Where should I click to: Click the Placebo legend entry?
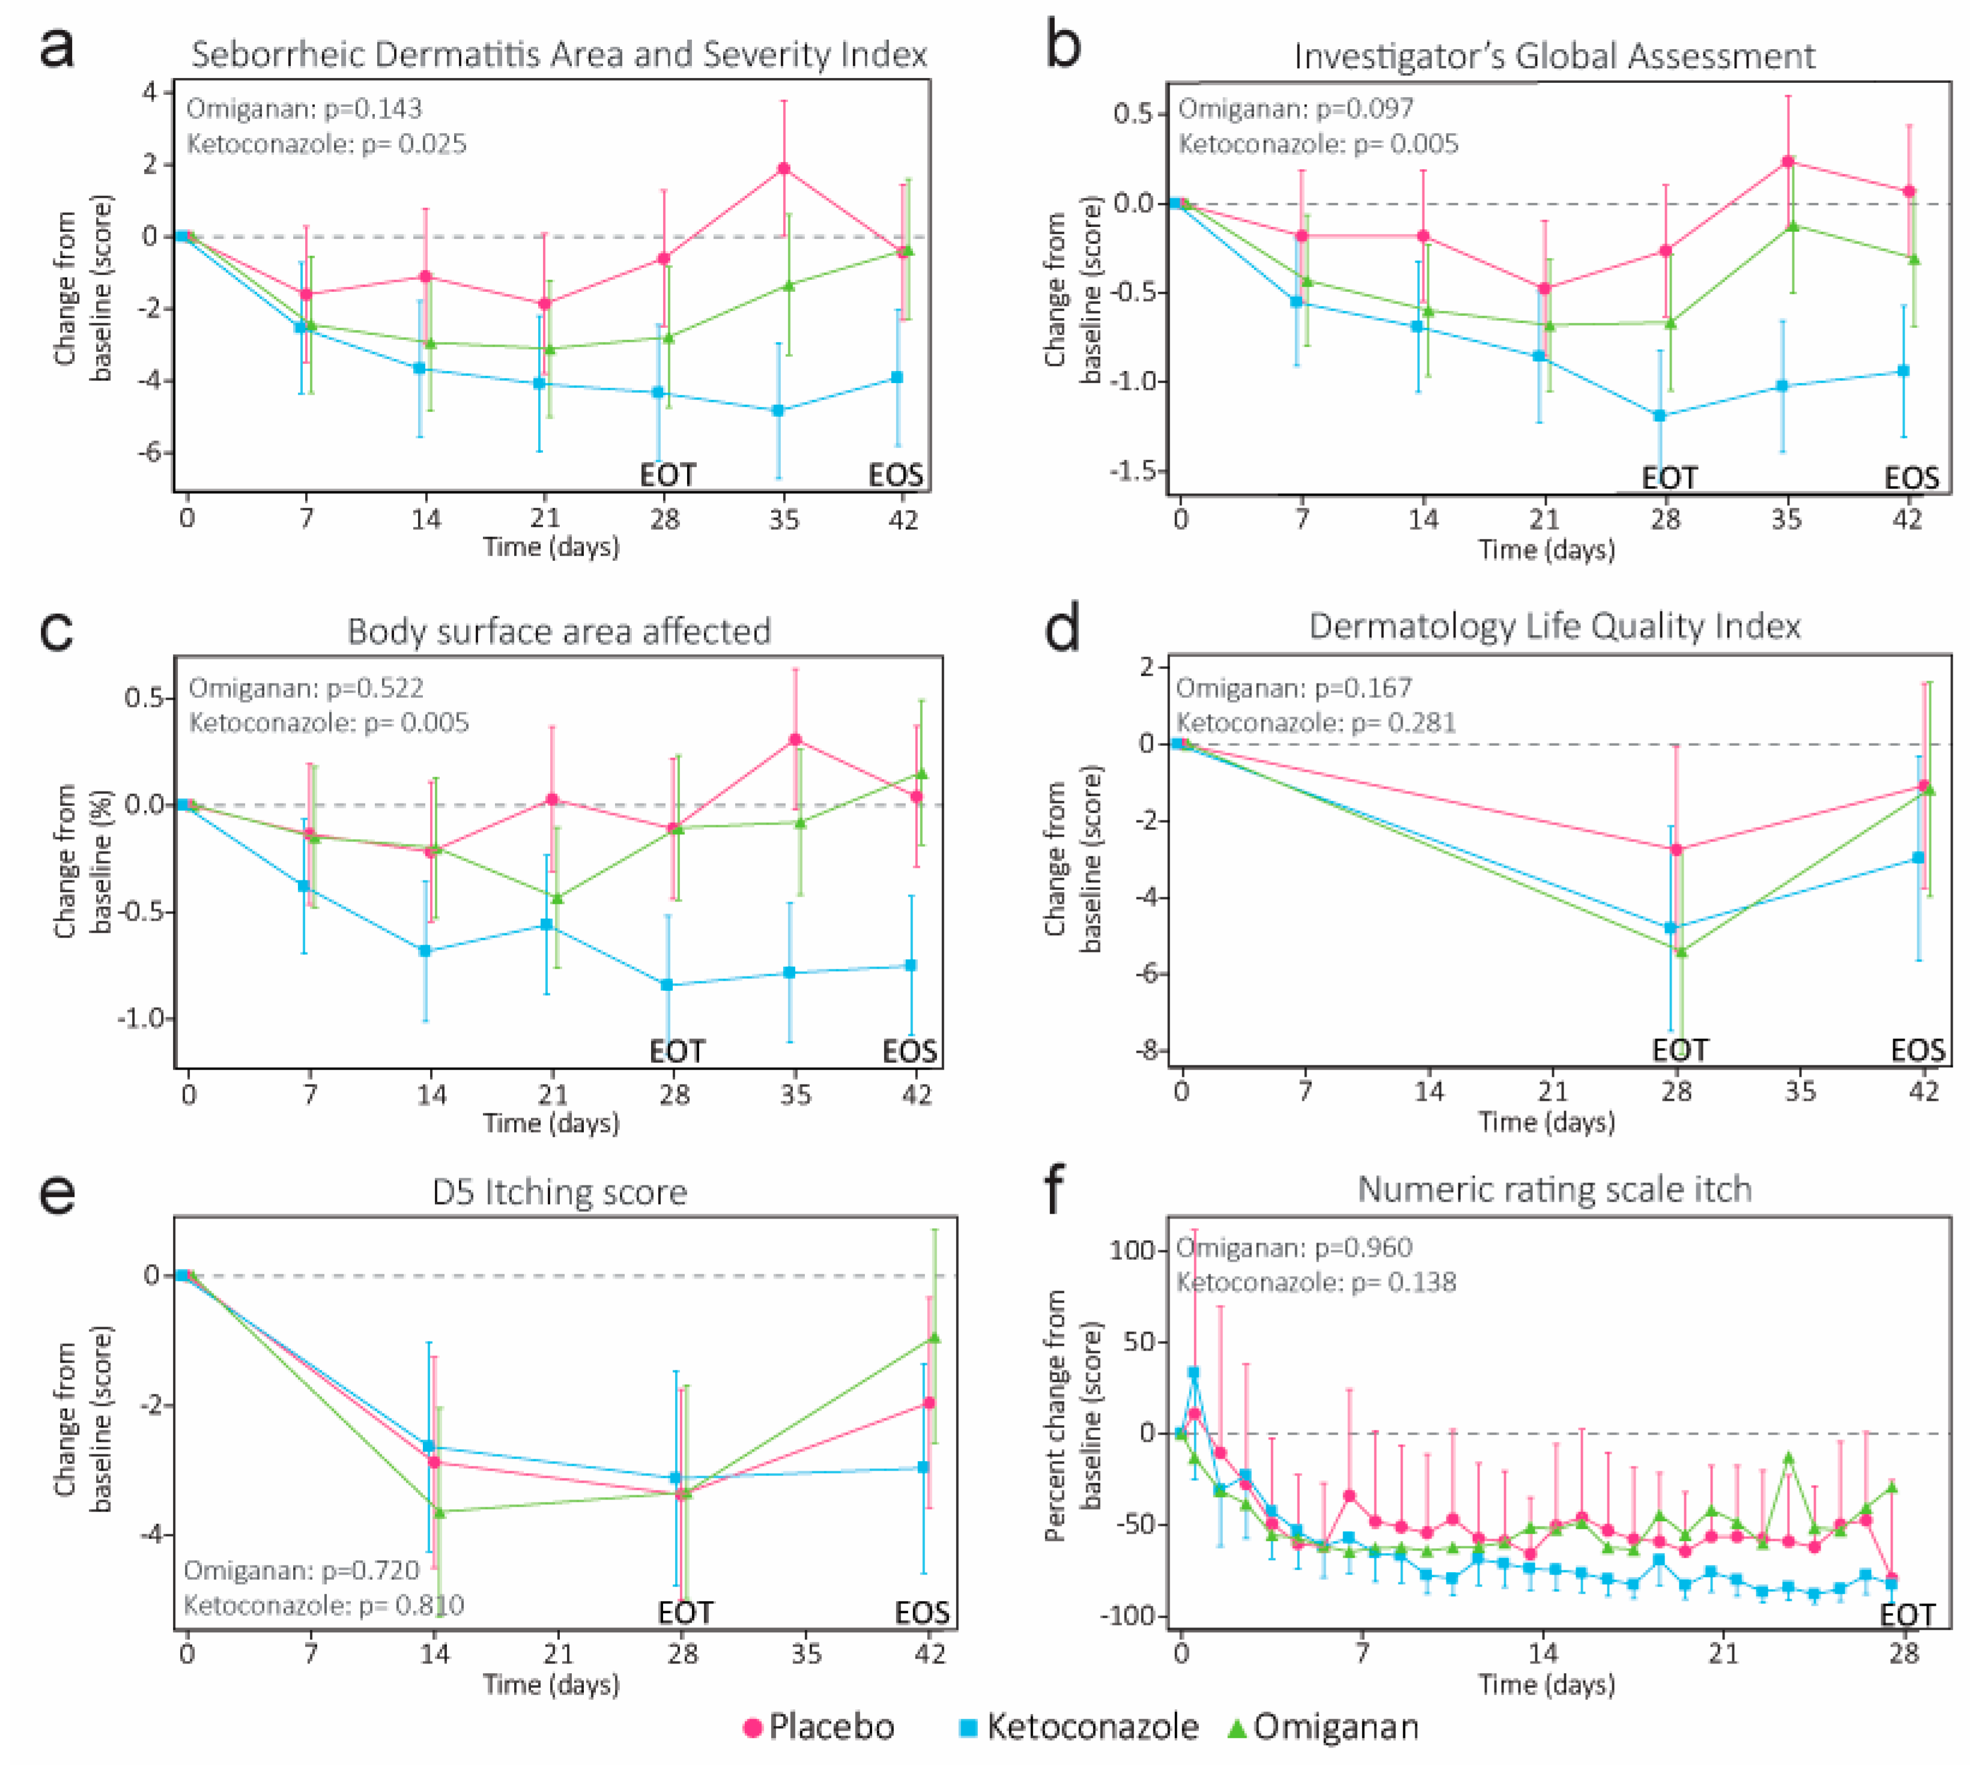click(x=820, y=1727)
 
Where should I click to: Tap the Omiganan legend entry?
click(x=1324, y=1727)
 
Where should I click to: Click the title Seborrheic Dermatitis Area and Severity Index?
click(x=559, y=54)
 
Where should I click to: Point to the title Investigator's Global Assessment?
click(x=1554, y=56)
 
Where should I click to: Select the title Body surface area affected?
click(x=559, y=631)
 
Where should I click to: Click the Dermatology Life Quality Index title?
click(x=1554, y=626)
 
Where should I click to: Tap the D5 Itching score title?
click(x=559, y=1192)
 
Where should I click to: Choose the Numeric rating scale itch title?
click(x=1554, y=1189)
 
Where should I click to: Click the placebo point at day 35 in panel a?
click(x=784, y=169)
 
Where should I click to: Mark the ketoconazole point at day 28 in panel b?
click(x=1660, y=416)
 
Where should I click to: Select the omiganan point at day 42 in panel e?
click(x=934, y=1338)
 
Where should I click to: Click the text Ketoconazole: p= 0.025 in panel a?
click(x=326, y=145)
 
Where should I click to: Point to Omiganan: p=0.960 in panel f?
click(x=1294, y=1247)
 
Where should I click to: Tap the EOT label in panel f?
click(x=1907, y=1615)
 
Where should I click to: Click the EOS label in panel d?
click(x=1917, y=1050)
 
